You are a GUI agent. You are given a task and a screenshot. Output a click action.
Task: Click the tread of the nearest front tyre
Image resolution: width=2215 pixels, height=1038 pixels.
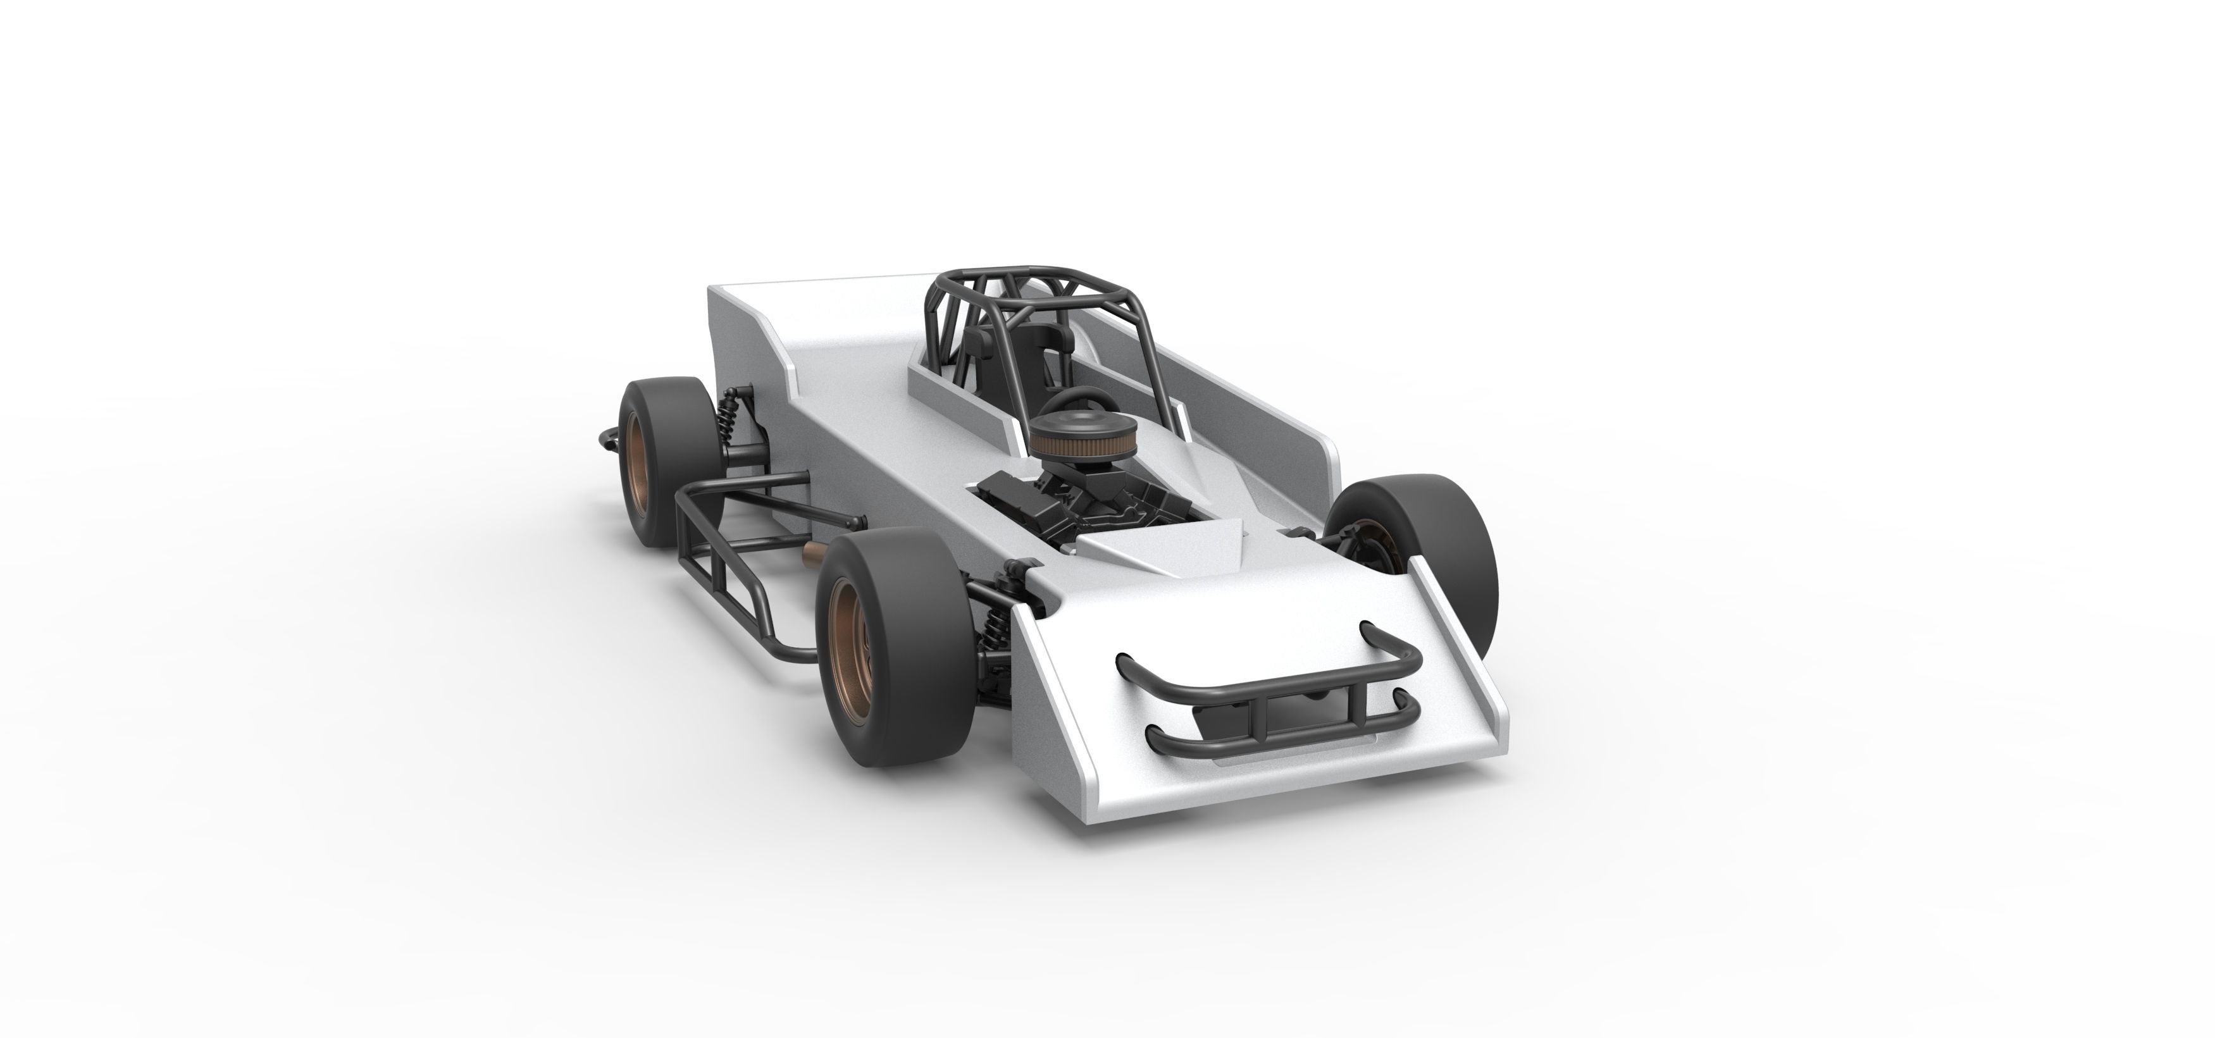(x=894, y=653)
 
